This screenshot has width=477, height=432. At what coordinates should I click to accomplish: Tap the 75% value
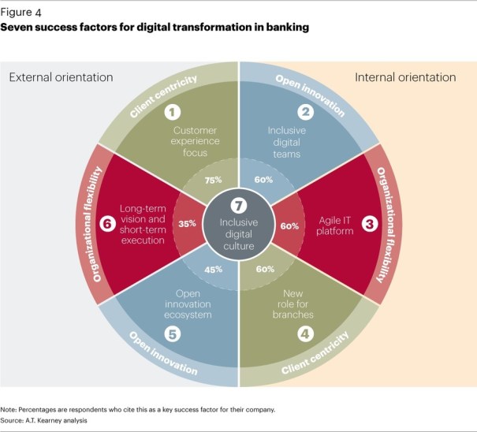211,179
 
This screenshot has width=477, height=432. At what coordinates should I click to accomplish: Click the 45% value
211,270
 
